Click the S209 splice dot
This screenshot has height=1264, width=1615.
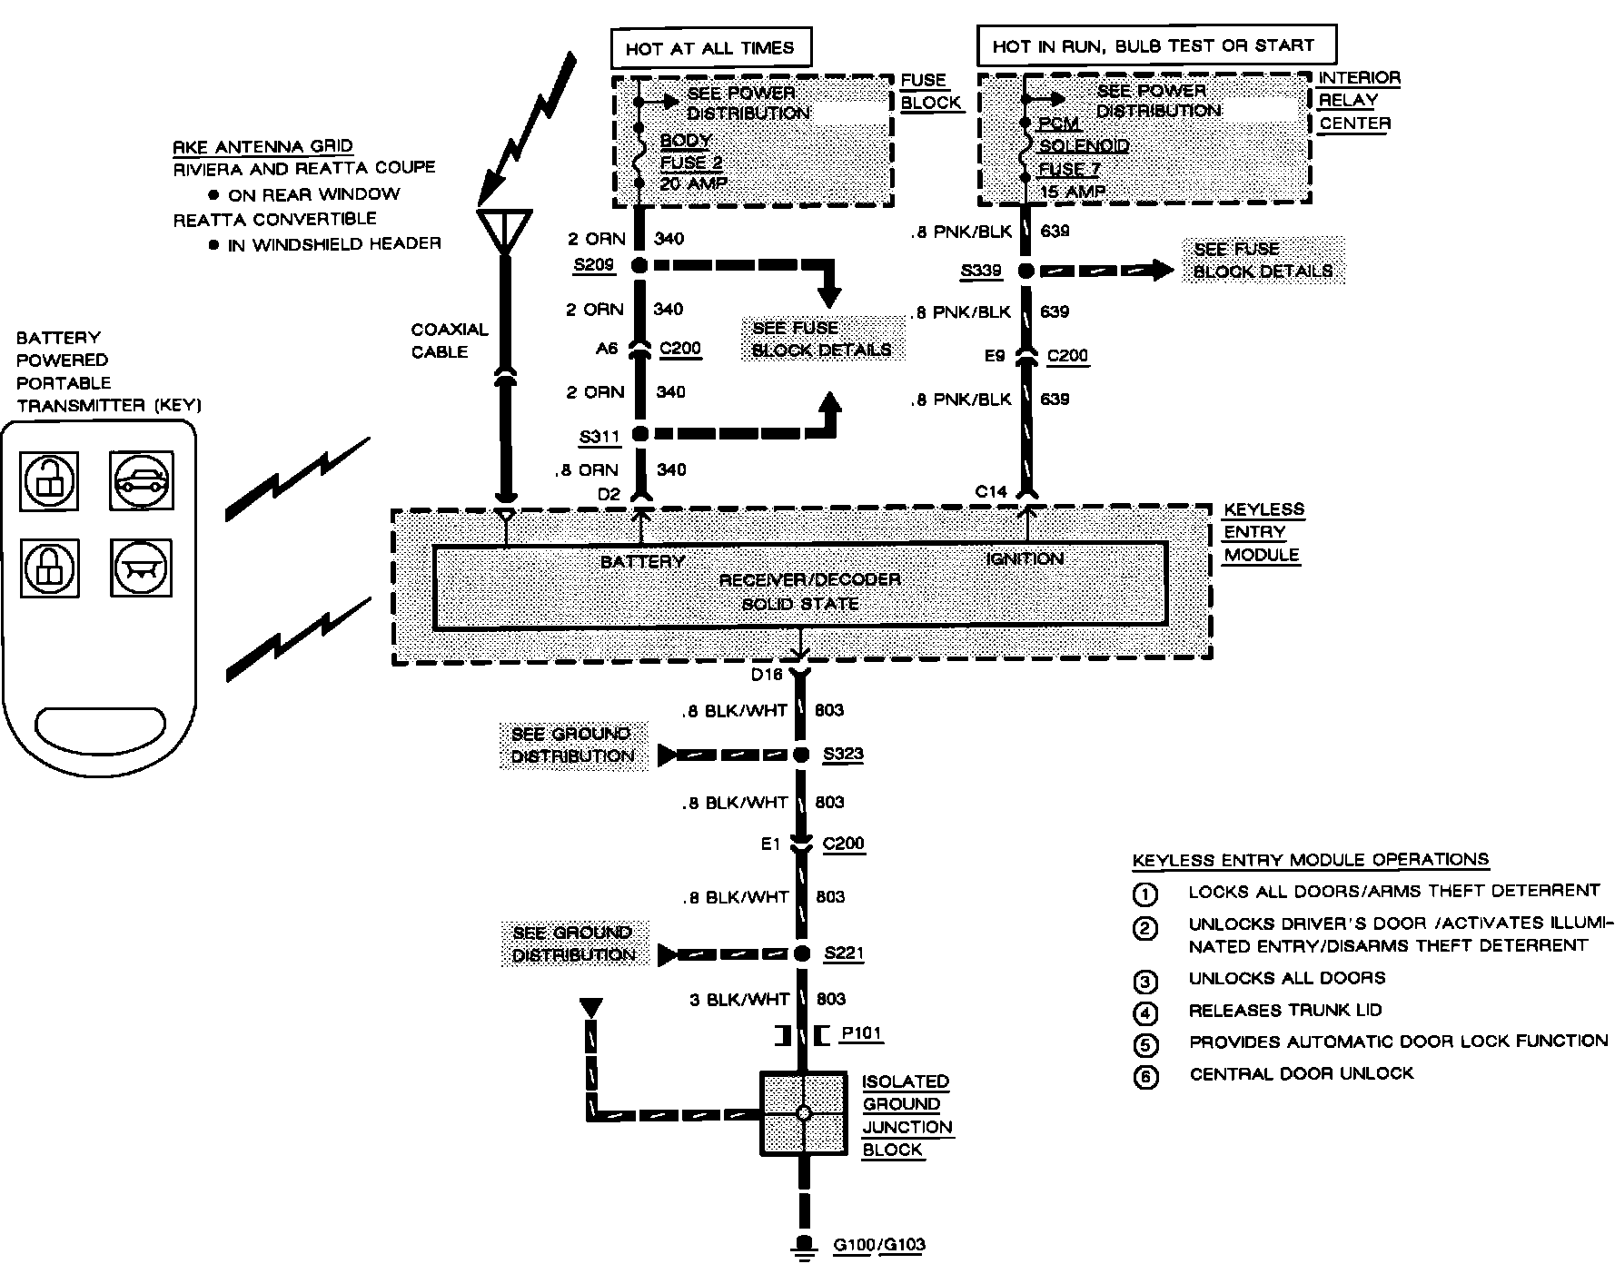pos(639,265)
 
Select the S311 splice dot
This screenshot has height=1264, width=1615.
pos(639,434)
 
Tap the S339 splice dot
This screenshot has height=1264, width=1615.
pos(1026,270)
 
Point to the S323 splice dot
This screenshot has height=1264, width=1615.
pos(801,755)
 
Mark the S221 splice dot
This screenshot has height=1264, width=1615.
pos(801,953)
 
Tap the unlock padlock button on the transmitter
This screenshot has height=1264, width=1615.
pos(49,480)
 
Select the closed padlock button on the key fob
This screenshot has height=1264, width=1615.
pos(49,568)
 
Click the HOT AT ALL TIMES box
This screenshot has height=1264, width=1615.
pos(709,48)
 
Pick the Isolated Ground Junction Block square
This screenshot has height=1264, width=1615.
pos(804,1113)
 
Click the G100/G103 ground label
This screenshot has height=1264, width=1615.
pos(878,1245)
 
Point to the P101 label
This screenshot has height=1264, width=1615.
pos(861,1032)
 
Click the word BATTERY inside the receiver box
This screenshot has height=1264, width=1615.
pos(642,561)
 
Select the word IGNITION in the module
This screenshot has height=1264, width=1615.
pos(1025,558)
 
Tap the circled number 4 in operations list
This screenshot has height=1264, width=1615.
pos(1146,1012)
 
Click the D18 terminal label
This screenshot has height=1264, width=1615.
pos(767,675)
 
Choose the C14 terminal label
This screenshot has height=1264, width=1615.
pos(991,491)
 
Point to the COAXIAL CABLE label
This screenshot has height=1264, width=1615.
pos(449,341)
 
